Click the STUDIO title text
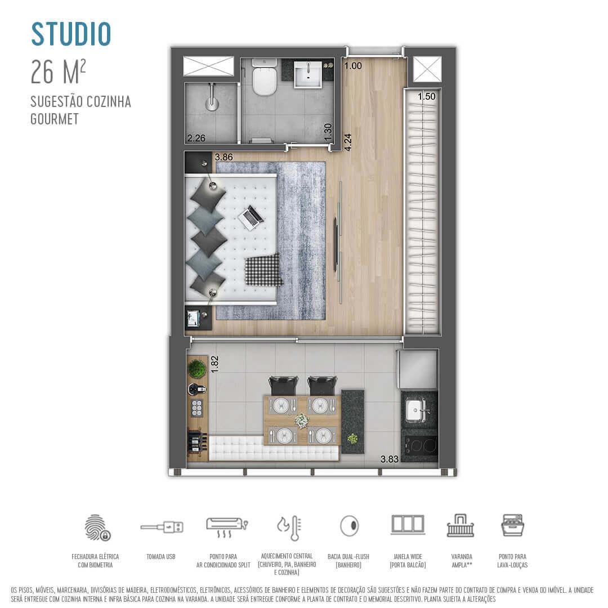71,34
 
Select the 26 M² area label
59,71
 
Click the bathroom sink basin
307,74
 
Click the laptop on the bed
251,217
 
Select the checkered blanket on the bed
263,270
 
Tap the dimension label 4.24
348,141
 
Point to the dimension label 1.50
427,97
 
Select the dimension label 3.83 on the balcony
390,459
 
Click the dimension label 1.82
214,364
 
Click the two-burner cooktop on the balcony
419,445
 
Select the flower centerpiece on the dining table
302,421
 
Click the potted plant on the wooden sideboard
196,369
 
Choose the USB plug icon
162,527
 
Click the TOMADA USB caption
161,557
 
